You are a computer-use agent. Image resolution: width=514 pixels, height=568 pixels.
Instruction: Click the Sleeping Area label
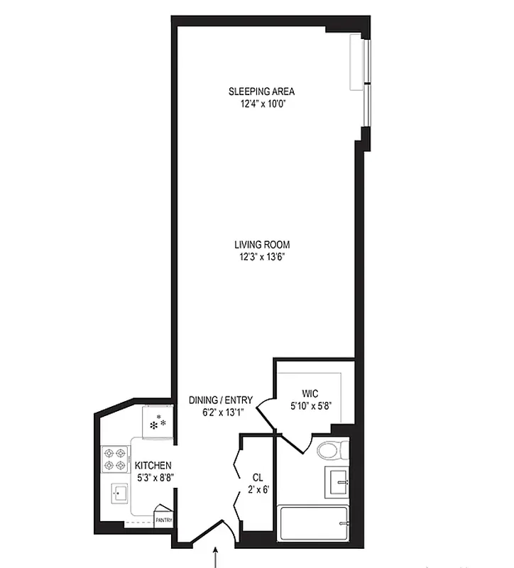pyautogui.click(x=261, y=92)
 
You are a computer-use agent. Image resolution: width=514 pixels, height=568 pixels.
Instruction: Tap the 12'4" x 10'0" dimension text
pyautogui.click(x=261, y=104)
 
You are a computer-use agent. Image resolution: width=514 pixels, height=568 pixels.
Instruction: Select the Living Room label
pyautogui.click(x=262, y=245)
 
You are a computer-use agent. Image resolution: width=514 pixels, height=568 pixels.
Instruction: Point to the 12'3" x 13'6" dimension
pyautogui.click(x=262, y=257)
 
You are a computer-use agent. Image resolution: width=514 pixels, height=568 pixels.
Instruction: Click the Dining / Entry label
pyautogui.click(x=221, y=400)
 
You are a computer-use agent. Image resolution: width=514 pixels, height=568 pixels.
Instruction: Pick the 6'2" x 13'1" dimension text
pyautogui.click(x=221, y=413)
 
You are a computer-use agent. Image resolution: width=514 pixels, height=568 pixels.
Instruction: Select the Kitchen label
pyautogui.click(x=153, y=466)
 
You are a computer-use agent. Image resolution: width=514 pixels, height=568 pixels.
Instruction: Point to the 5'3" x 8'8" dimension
pyautogui.click(x=153, y=478)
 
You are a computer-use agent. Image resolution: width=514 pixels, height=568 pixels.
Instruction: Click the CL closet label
pyautogui.click(x=258, y=477)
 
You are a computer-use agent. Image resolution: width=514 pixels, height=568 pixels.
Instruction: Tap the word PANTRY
pyautogui.click(x=164, y=520)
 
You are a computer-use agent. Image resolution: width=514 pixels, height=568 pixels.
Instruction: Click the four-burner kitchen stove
pyautogui.click(x=114, y=459)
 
